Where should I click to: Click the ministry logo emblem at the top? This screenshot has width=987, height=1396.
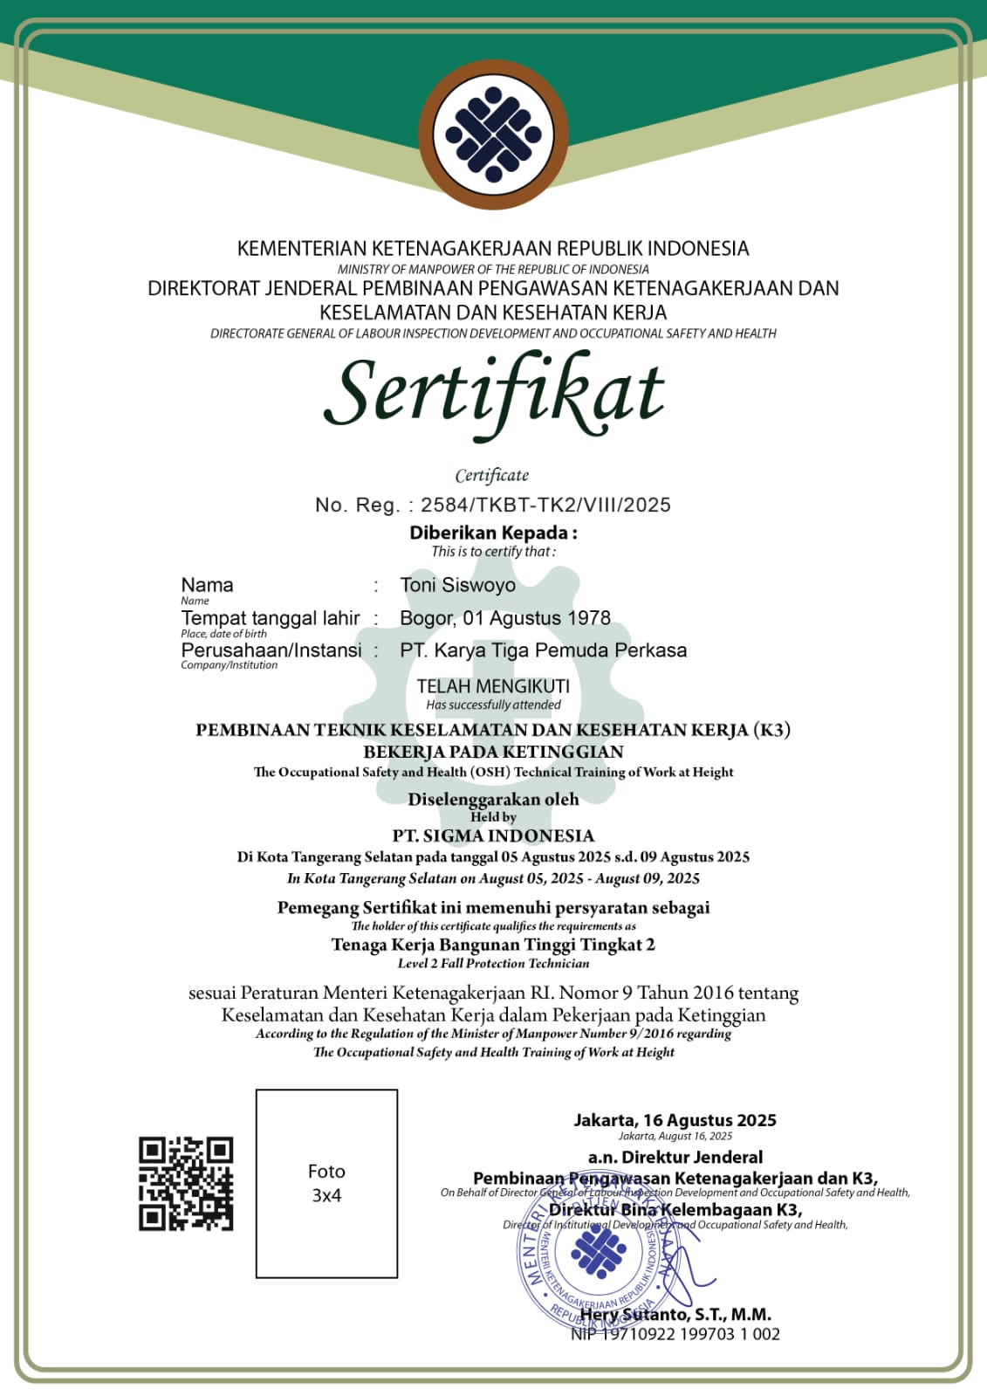[x=493, y=135]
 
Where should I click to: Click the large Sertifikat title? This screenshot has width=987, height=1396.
[x=493, y=393]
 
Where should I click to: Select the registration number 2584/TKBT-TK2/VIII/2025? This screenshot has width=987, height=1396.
[x=545, y=505]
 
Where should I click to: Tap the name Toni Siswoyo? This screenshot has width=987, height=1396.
[x=457, y=585]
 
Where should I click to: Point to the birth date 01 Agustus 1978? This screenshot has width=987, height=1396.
[x=537, y=618]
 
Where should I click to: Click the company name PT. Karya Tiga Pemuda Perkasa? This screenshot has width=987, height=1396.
[x=543, y=650]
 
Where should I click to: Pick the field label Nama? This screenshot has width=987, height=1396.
[x=207, y=585]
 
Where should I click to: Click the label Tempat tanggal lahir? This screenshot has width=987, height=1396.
[x=270, y=618]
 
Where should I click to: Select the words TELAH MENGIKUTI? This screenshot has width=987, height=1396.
[x=493, y=686]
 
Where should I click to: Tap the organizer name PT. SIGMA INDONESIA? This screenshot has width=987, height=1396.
[x=493, y=836]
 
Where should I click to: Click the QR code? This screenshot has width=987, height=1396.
[x=186, y=1184]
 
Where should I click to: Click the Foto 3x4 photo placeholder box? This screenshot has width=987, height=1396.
[x=326, y=1184]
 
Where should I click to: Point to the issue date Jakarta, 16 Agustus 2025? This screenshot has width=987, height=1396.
[x=675, y=1120]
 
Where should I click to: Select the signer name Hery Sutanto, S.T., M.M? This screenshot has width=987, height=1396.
[x=675, y=1314]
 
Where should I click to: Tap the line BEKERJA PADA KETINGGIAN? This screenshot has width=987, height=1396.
[x=493, y=752]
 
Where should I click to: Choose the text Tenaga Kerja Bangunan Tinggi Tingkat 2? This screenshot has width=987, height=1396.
[x=493, y=945]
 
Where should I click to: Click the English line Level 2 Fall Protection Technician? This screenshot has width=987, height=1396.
[x=493, y=964]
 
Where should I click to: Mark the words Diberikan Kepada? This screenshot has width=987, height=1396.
[x=493, y=533]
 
